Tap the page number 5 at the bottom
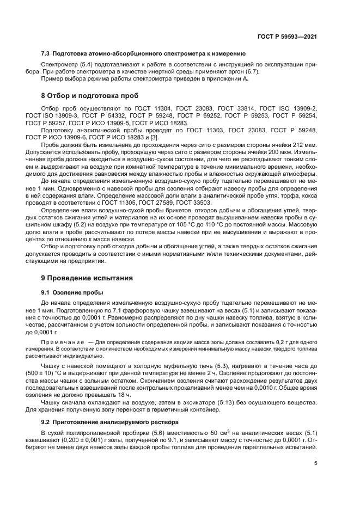click(316, 464)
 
